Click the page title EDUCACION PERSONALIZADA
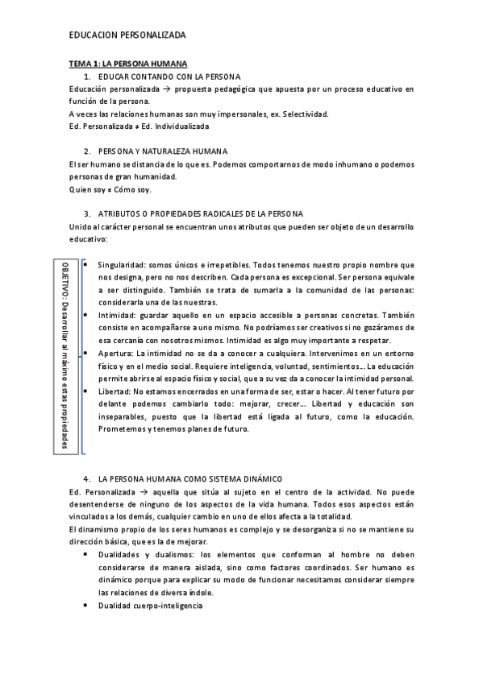click(127, 35)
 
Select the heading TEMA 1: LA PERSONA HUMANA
click(128, 63)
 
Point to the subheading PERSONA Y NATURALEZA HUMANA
click(162, 151)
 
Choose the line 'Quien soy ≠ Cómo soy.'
click(110, 190)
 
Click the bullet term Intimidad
click(116, 316)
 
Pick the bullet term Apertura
click(115, 354)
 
